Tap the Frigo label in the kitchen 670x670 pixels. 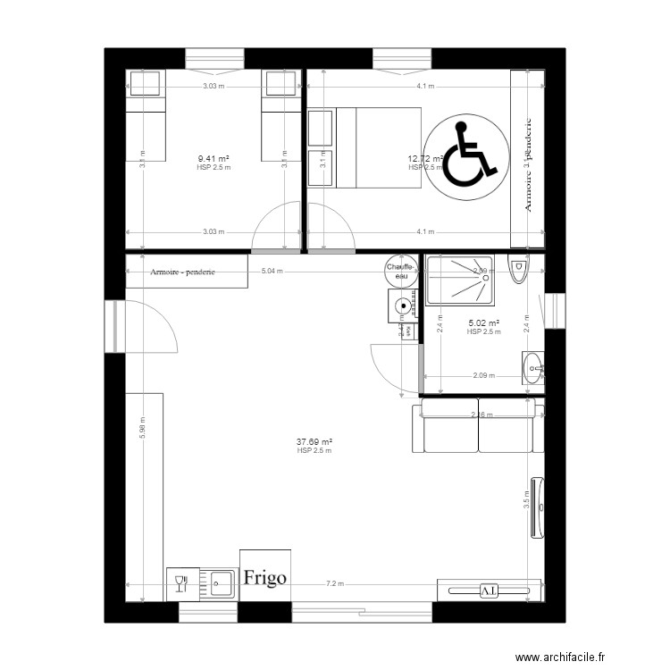(x=264, y=577)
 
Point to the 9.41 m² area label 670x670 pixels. (x=214, y=161)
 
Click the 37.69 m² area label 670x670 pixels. (x=314, y=442)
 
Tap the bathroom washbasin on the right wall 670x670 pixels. (x=533, y=367)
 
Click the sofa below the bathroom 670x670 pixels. (x=478, y=427)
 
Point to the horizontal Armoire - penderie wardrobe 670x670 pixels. (x=186, y=272)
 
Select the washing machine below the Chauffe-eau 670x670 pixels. (x=404, y=306)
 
